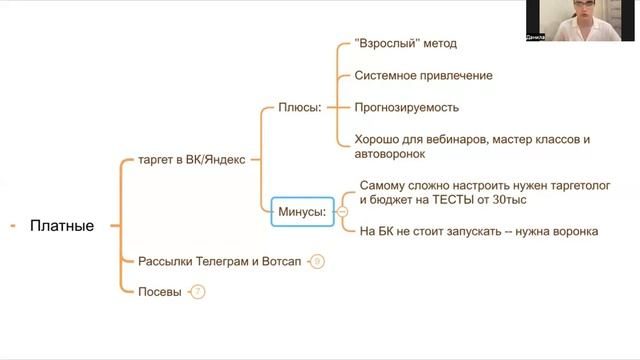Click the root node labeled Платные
(x=62, y=226)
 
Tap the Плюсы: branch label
(x=299, y=107)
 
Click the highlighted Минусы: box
(x=302, y=211)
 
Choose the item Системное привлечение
(x=423, y=76)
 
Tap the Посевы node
(x=160, y=292)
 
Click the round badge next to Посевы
(x=197, y=292)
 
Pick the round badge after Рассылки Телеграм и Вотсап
(x=317, y=262)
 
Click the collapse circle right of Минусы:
(x=342, y=211)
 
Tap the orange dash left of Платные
(x=12, y=226)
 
